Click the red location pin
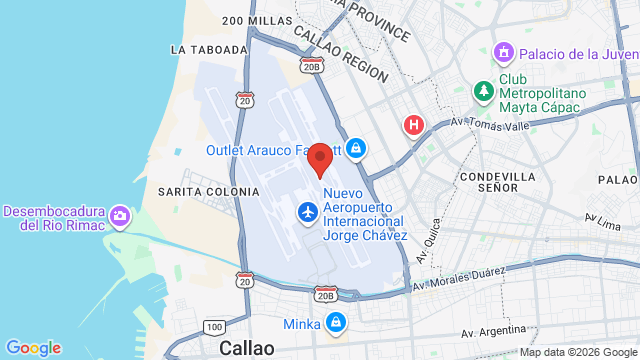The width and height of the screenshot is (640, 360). (320, 160)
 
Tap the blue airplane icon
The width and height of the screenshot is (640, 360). (307, 212)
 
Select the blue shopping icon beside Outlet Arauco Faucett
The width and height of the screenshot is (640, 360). (356, 151)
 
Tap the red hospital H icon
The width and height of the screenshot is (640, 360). (412, 125)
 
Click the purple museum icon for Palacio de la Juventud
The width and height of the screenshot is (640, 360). (503, 51)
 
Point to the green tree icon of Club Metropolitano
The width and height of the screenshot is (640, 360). (484, 91)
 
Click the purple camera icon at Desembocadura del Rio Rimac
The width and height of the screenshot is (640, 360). (121, 216)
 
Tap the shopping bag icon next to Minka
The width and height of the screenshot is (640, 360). (336, 323)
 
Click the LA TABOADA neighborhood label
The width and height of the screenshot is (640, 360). (209, 49)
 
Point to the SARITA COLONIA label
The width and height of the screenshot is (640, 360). (195, 191)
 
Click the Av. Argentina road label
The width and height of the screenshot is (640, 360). (494, 330)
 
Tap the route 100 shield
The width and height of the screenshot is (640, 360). (213, 327)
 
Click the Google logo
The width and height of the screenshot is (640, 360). (33, 347)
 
